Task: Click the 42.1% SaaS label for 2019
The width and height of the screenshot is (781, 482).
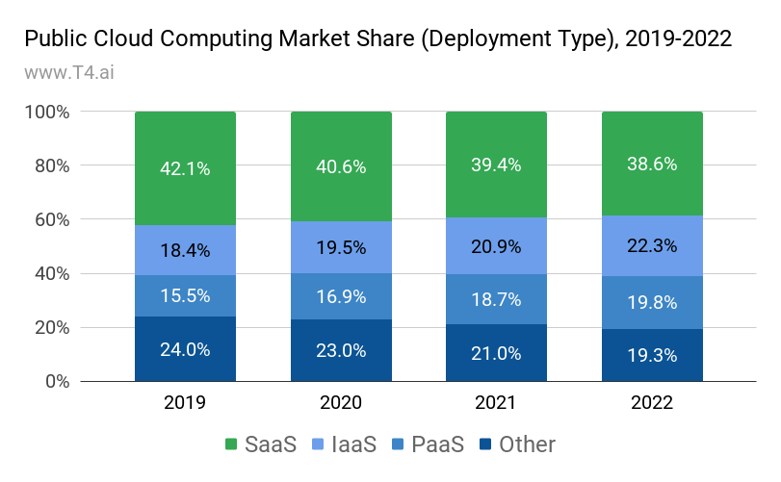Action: click(185, 168)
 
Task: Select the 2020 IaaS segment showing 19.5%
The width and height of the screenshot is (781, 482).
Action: click(341, 247)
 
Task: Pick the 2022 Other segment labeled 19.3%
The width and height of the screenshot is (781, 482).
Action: click(652, 354)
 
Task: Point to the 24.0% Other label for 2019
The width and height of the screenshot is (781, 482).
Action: click(185, 349)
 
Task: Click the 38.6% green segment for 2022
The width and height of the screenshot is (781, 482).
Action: click(652, 164)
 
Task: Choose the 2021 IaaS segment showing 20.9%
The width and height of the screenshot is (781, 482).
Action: click(496, 246)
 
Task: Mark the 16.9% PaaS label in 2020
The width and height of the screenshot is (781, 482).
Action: click(341, 296)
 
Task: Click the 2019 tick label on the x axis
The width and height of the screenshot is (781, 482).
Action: click(185, 402)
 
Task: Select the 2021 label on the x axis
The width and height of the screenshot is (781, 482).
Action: click(496, 402)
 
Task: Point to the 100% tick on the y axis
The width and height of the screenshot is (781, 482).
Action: click(47, 112)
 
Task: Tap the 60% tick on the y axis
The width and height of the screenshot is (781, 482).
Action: click(52, 219)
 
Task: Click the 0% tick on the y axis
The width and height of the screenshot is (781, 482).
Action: click(57, 381)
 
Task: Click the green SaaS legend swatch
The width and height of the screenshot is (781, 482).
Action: click(231, 444)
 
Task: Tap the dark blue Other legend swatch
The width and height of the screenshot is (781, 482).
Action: click(484, 444)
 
